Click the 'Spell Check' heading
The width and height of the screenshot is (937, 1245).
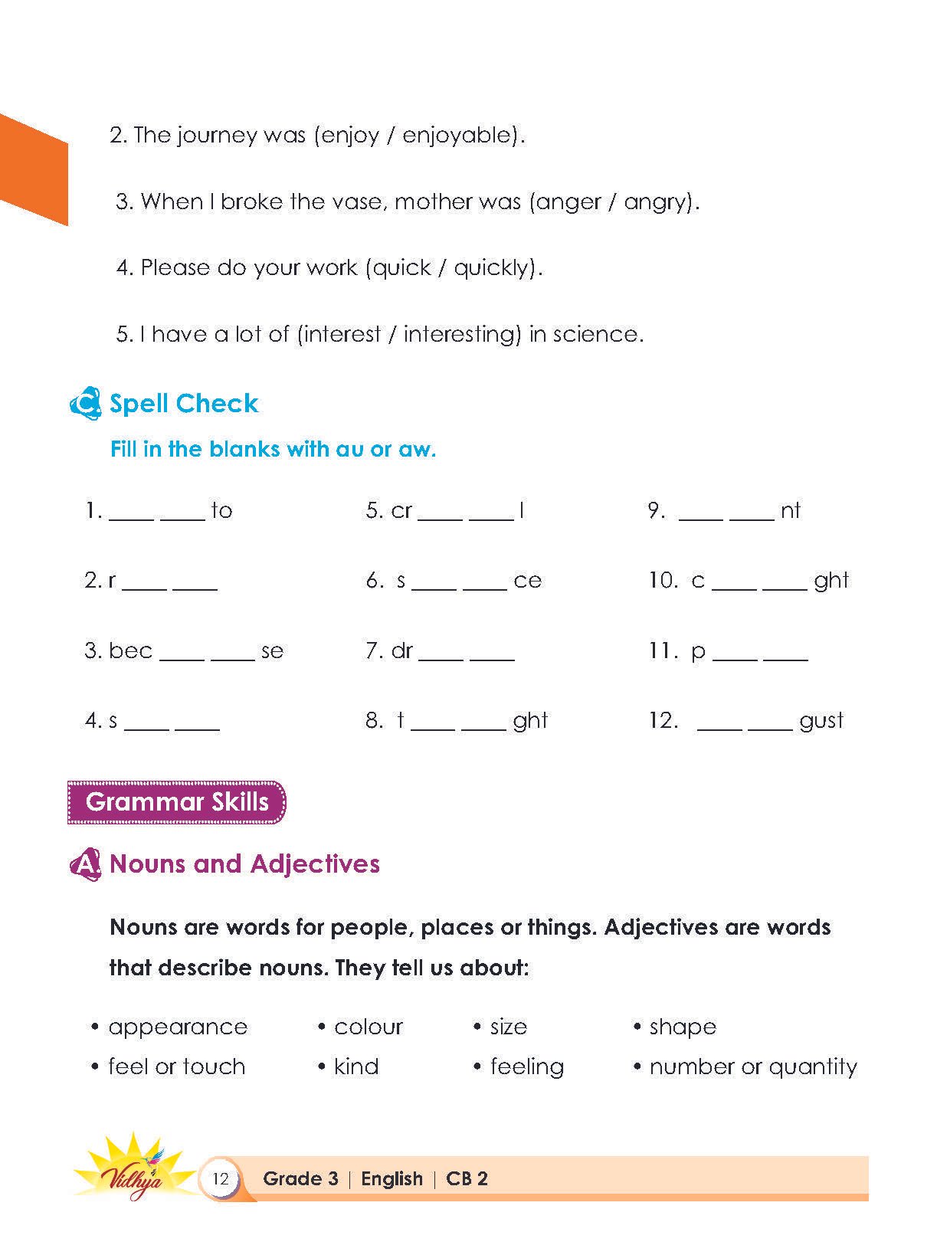pos(184,404)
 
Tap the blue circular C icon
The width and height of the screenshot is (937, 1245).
pos(84,403)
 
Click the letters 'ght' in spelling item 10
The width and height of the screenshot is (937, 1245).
pos(831,581)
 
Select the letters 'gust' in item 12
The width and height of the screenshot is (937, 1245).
pos(821,721)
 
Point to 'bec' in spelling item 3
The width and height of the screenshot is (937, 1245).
pos(130,651)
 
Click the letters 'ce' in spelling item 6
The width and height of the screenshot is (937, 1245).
pos(527,581)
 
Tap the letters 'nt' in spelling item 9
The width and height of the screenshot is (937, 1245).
pos(790,511)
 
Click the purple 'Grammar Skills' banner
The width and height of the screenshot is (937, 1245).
pos(177,802)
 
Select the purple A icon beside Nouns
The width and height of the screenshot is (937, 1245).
pos(85,865)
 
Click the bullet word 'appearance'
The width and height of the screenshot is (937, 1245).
pos(178,1027)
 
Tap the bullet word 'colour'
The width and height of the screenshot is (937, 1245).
pos(368,1027)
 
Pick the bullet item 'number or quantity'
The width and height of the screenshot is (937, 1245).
pos(752,1067)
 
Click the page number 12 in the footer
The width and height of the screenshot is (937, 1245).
pos(221,1178)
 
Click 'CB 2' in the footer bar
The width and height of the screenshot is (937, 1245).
pos(467,1178)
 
